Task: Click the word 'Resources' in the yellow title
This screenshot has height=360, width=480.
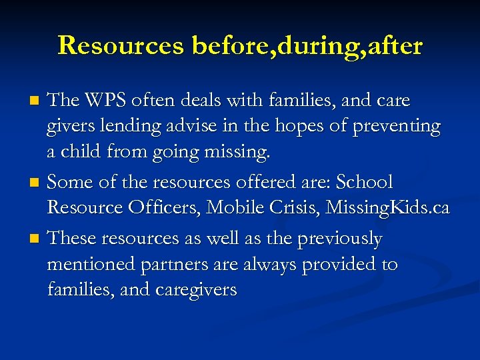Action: tap(121, 46)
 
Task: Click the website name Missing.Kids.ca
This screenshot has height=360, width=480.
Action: tap(393, 208)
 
